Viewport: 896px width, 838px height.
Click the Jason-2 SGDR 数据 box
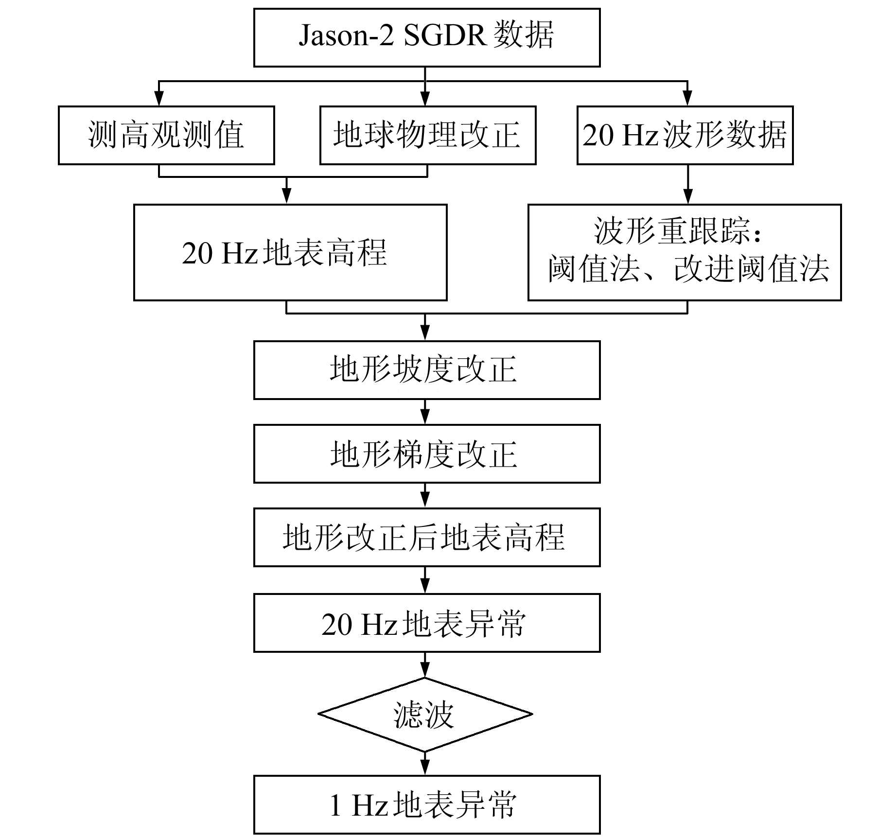click(426, 37)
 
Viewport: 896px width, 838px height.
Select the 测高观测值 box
click(166, 135)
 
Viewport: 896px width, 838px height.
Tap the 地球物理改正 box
click(427, 135)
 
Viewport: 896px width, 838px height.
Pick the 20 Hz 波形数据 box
click(685, 135)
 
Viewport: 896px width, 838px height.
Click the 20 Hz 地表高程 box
click(290, 252)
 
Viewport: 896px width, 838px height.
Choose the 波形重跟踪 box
click(684, 252)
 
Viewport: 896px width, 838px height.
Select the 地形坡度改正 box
click(426, 370)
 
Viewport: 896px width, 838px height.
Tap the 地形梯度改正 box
click(426, 454)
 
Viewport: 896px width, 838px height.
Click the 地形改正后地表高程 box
click(426, 537)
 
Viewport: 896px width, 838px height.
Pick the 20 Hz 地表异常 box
click(426, 623)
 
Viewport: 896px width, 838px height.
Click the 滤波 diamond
click(425, 714)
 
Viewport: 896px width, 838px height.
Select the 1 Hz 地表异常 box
click(426, 804)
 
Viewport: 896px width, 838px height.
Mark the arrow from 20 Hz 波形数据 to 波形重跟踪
click(687, 184)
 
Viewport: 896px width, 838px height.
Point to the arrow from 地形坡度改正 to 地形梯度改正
click(425, 412)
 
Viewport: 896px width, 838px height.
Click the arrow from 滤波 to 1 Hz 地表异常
click(425, 763)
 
